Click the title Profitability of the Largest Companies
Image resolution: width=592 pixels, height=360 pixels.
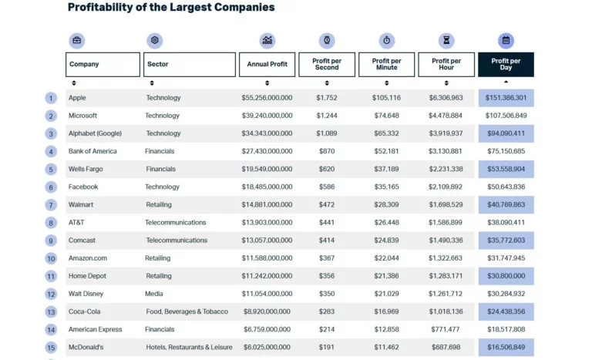pos(171,8)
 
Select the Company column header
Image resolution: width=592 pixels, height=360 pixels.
pos(103,65)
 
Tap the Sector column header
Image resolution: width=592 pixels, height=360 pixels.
pos(190,65)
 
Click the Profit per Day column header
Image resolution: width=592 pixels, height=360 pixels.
pos(506,65)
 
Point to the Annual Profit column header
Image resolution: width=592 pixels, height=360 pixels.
pos(267,65)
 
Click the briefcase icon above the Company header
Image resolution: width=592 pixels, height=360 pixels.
pos(77,40)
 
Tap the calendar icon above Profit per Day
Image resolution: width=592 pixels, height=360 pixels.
pos(506,40)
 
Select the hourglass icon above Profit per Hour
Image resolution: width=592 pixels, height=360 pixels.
pos(446,40)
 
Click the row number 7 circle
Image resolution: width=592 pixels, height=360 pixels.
pos(51,205)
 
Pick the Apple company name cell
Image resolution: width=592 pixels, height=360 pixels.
pos(77,98)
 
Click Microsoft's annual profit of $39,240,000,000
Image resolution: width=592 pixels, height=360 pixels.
pos(267,116)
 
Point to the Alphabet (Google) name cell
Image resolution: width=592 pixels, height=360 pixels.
pos(95,133)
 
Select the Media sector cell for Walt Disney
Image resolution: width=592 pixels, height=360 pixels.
pos(154,294)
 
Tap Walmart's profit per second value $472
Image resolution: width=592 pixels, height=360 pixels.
pos(327,205)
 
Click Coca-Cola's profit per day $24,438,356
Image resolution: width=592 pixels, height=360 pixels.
pos(506,311)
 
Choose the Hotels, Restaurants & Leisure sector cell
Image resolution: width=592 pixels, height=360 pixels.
pos(188,347)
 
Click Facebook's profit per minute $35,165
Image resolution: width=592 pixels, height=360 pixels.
pos(386,187)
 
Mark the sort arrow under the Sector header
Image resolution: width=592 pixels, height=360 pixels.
pos(151,82)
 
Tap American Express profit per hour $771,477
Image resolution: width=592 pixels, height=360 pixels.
pos(446,329)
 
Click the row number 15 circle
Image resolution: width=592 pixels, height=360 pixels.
pos(51,348)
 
